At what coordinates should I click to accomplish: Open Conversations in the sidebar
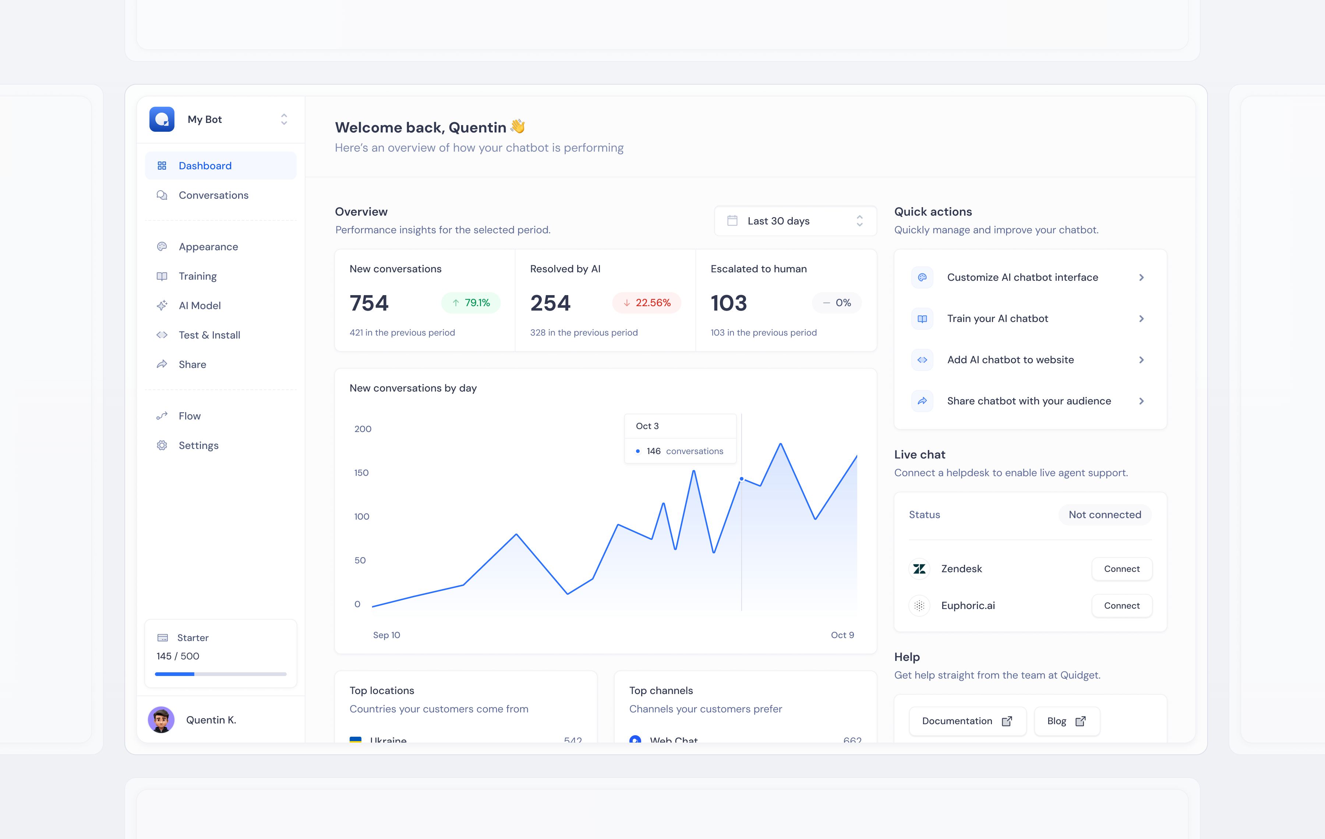(x=213, y=195)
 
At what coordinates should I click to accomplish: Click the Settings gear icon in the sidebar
(x=162, y=445)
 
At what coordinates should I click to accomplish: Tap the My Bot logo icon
(x=162, y=119)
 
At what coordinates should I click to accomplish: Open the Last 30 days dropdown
(x=795, y=221)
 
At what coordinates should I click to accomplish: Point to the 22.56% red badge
(x=647, y=302)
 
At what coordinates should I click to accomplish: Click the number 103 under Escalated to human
(x=728, y=303)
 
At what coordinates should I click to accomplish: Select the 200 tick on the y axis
(x=363, y=429)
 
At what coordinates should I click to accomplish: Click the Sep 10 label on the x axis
(x=386, y=635)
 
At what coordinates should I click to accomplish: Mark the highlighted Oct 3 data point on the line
(x=741, y=479)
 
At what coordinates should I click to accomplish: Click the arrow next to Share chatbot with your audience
(x=1141, y=401)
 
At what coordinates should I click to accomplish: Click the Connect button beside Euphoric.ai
(x=1121, y=606)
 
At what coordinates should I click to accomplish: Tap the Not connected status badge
(x=1104, y=514)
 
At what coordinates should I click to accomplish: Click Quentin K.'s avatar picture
(x=161, y=720)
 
